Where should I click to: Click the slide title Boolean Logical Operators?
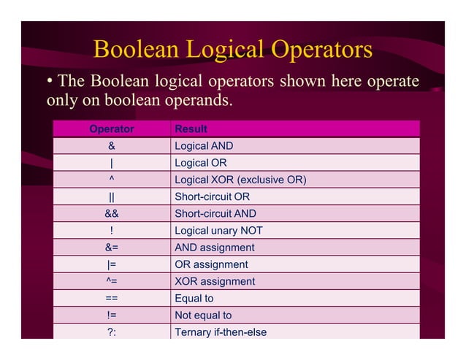click(x=233, y=50)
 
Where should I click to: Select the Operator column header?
click(x=111, y=129)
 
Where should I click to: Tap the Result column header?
click(x=191, y=129)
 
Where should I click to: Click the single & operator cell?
click(x=111, y=146)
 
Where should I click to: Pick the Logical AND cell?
click(x=204, y=146)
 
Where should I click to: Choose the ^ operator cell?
click(x=111, y=180)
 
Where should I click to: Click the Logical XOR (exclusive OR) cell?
click(x=240, y=180)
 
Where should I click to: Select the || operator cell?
click(x=111, y=197)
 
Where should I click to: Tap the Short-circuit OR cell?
click(x=212, y=197)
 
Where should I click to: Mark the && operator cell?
click(x=111, y=214)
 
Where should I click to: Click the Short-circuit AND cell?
click(x=215, y=214)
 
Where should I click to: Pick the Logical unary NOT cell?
click(x=218, y=231)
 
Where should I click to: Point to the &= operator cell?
click(x=111, y=248)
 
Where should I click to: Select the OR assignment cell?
click(x=211, y=264)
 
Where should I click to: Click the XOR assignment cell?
click(x=215, y=281)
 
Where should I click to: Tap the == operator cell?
click(x=111, y=299)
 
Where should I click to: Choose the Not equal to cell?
click(x=203, y=315)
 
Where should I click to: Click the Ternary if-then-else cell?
click(x=221, y=332)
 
